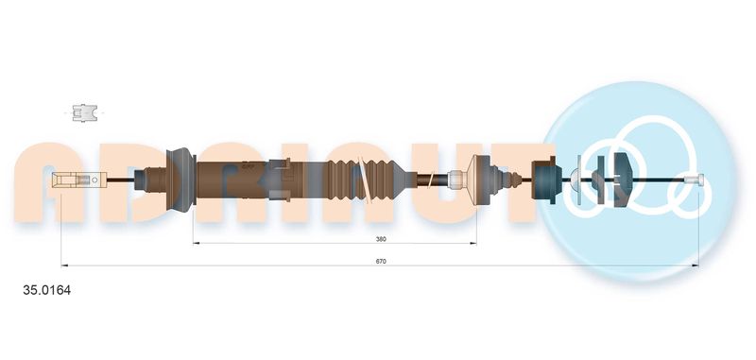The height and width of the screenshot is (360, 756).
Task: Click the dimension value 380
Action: (x=382, y=238)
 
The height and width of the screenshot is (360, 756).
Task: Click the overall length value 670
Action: (x=382, y=261)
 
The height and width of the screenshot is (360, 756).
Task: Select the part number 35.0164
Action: (x=46, y=291)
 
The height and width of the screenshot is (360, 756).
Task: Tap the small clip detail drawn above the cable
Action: (x=84, y=112)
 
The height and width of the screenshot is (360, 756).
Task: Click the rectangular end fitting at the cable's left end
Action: (x=78, y=180)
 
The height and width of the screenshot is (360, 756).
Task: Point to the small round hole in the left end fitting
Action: (x=94, y=180)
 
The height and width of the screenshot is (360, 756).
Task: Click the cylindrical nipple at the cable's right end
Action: (x=694, y=180)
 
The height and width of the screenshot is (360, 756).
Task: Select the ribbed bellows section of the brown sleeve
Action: (x=367, y=180)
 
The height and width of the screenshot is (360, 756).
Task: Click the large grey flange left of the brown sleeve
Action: (x=180, y=180)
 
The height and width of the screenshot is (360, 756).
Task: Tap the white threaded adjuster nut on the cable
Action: (x=455, y=180)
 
